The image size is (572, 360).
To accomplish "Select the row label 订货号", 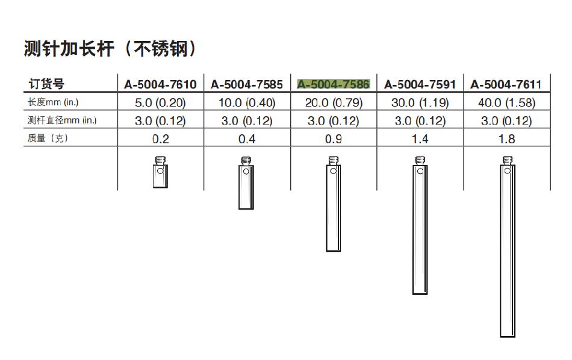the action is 46,84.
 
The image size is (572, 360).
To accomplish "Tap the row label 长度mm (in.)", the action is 53,102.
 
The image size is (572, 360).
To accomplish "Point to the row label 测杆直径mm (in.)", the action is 62,120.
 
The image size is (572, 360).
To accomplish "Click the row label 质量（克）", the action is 48,138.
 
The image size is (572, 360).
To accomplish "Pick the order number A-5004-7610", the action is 161,85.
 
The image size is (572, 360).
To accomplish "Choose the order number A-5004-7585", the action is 247,85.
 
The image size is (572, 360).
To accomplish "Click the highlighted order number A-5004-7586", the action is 334,85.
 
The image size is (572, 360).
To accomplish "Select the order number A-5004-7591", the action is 420,85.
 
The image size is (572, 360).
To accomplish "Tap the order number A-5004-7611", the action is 506,85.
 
